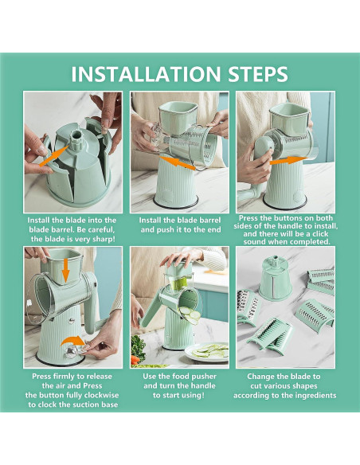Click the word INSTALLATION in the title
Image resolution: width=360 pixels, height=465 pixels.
146,74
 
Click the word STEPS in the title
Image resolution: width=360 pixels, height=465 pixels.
258,74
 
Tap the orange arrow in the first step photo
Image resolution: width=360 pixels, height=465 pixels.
54,156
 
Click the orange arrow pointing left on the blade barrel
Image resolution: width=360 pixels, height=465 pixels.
178,163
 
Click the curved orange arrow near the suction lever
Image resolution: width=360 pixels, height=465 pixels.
73,341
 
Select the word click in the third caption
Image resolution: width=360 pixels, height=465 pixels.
320,234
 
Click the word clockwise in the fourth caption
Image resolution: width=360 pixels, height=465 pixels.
101,395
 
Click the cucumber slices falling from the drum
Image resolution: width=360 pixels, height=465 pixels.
190,315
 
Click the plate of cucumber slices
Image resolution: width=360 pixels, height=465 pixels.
207,352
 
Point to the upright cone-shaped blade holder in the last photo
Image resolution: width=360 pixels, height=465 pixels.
276,278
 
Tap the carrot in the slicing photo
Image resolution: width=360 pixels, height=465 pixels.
135,359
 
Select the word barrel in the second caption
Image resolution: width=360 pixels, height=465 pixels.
210,221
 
